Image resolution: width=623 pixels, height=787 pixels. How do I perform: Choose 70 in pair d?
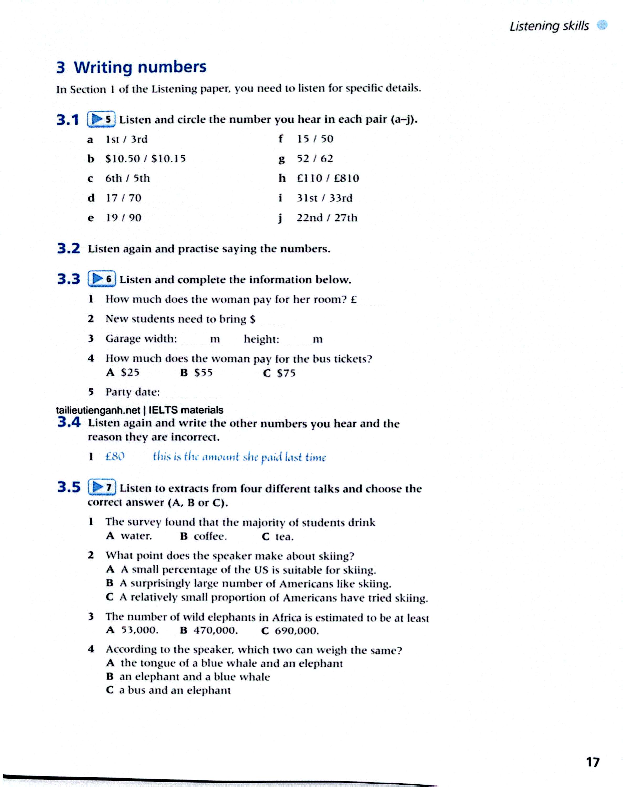(135, 198)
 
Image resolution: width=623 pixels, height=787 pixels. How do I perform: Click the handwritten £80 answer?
(115, 457)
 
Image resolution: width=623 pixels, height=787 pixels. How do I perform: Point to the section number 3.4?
(68, 423)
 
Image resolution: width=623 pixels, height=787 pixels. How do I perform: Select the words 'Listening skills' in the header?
(549, 26)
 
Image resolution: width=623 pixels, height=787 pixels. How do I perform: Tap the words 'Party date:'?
(133, 392)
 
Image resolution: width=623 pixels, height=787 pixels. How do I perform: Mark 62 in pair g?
(326, 159)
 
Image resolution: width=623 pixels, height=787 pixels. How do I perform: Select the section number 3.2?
(68, 249)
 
